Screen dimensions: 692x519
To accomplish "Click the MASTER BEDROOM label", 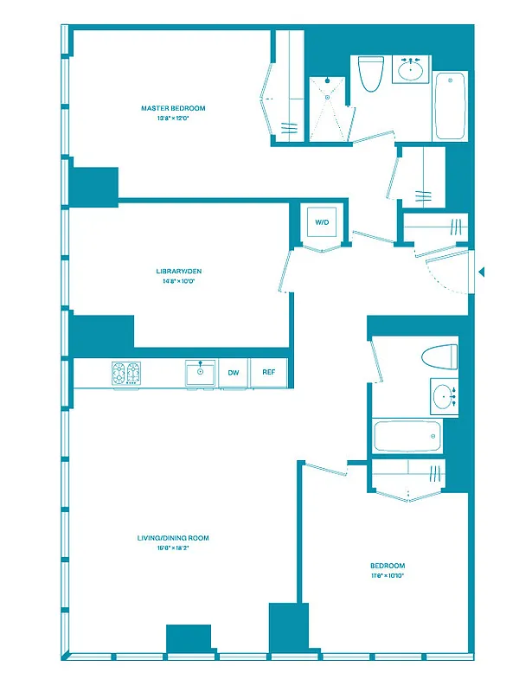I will pos(173,108).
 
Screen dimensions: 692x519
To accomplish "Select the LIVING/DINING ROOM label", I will pos(173,538).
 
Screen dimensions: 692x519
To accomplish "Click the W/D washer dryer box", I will pos(322,223).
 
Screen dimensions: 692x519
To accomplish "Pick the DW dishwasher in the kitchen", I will pos(233,373).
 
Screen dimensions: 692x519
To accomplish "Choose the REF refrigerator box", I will pos(269,373).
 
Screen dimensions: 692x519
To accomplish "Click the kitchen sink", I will pos(201,374).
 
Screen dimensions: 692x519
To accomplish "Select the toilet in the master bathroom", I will pos(371,74).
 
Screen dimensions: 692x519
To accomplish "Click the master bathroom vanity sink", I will pos(409,69).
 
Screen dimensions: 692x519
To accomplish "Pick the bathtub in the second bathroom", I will pos(407,436).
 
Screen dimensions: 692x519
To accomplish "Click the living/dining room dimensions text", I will pos(173,548).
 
